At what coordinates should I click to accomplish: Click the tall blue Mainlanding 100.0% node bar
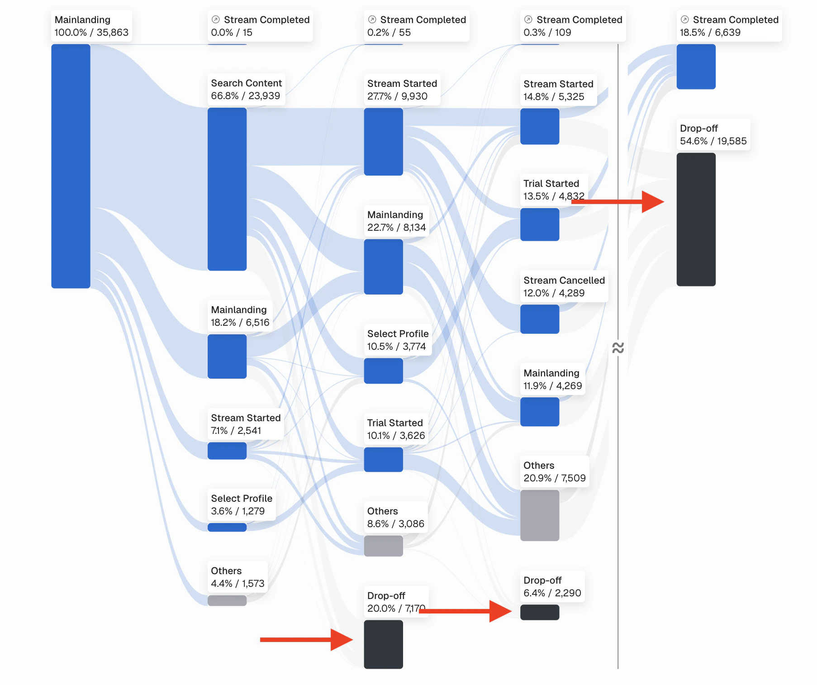tap(71, 166)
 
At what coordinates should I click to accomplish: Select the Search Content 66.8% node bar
tap(227, 189)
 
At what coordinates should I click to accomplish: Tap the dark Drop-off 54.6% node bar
tap(696, 219)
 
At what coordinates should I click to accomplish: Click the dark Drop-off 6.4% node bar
tap(539, 612)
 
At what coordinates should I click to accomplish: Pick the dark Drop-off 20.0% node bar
tap(383, 644)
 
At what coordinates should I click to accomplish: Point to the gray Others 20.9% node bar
tap(539, 515)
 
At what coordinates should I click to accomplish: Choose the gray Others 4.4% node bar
tap(227, 600)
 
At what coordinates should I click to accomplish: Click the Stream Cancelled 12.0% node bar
tap(539, 319)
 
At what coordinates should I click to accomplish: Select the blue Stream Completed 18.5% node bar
tap(696, 67)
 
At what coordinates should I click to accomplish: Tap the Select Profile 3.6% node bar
tap(227, 527)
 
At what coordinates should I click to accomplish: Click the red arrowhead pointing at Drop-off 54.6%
tap(653, 202)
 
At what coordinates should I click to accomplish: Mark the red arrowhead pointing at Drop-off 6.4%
tap(500, 611)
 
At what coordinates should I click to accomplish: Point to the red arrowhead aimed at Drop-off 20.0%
tap(342, 640)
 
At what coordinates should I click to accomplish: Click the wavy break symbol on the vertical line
tap(618, 347)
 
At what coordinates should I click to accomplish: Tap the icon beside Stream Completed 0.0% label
tap(216, 19)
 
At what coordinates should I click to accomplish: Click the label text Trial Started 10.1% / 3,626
tap(396, 429)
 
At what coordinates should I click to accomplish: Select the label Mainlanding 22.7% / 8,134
tap(396, 221)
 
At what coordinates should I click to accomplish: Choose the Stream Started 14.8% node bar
tap(539, 126)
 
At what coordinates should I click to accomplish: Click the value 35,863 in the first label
tap(113, 33)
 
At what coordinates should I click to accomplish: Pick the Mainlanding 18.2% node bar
tap(227, 356)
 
